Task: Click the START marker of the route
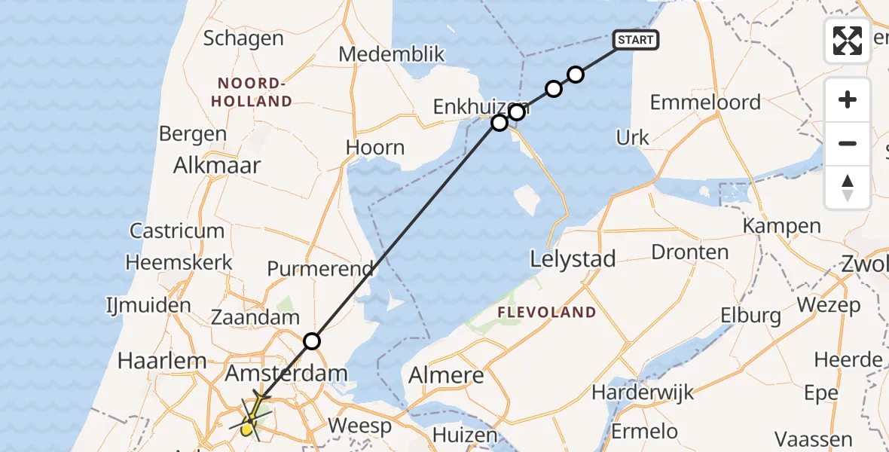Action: (637, 40)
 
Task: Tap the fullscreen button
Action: (848, 41)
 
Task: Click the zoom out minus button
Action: (848, 143)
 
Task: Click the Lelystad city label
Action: (573, 259)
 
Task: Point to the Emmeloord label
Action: (705, 102)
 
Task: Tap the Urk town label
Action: (632, 138)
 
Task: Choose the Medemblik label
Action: (392, 54)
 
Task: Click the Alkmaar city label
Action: (217, 166)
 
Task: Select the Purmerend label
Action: (320, 269)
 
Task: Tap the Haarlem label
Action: (162, 361)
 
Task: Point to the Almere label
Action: (447, 375)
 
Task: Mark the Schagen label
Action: (243, 38)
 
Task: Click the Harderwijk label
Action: (643, 392)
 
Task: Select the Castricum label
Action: (177, 231)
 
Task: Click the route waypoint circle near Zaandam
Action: (312, 341)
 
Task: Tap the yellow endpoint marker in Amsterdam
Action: (247, 429)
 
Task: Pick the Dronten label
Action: (689, 252)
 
